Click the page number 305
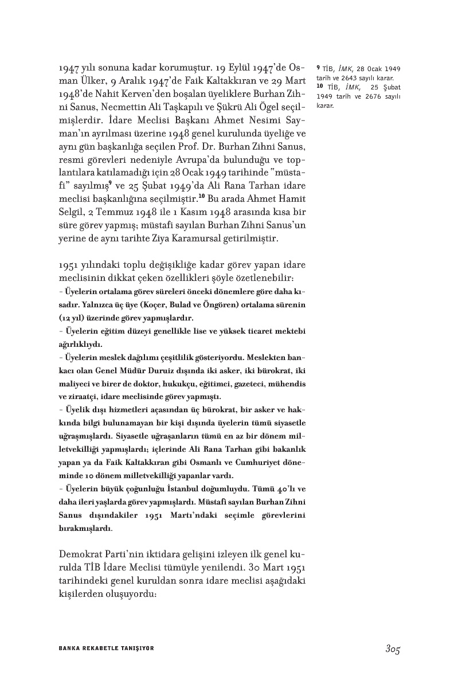(x=392, y=649)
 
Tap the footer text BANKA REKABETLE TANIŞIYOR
(x=107, y=648)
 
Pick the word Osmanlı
(x=199, y=462)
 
